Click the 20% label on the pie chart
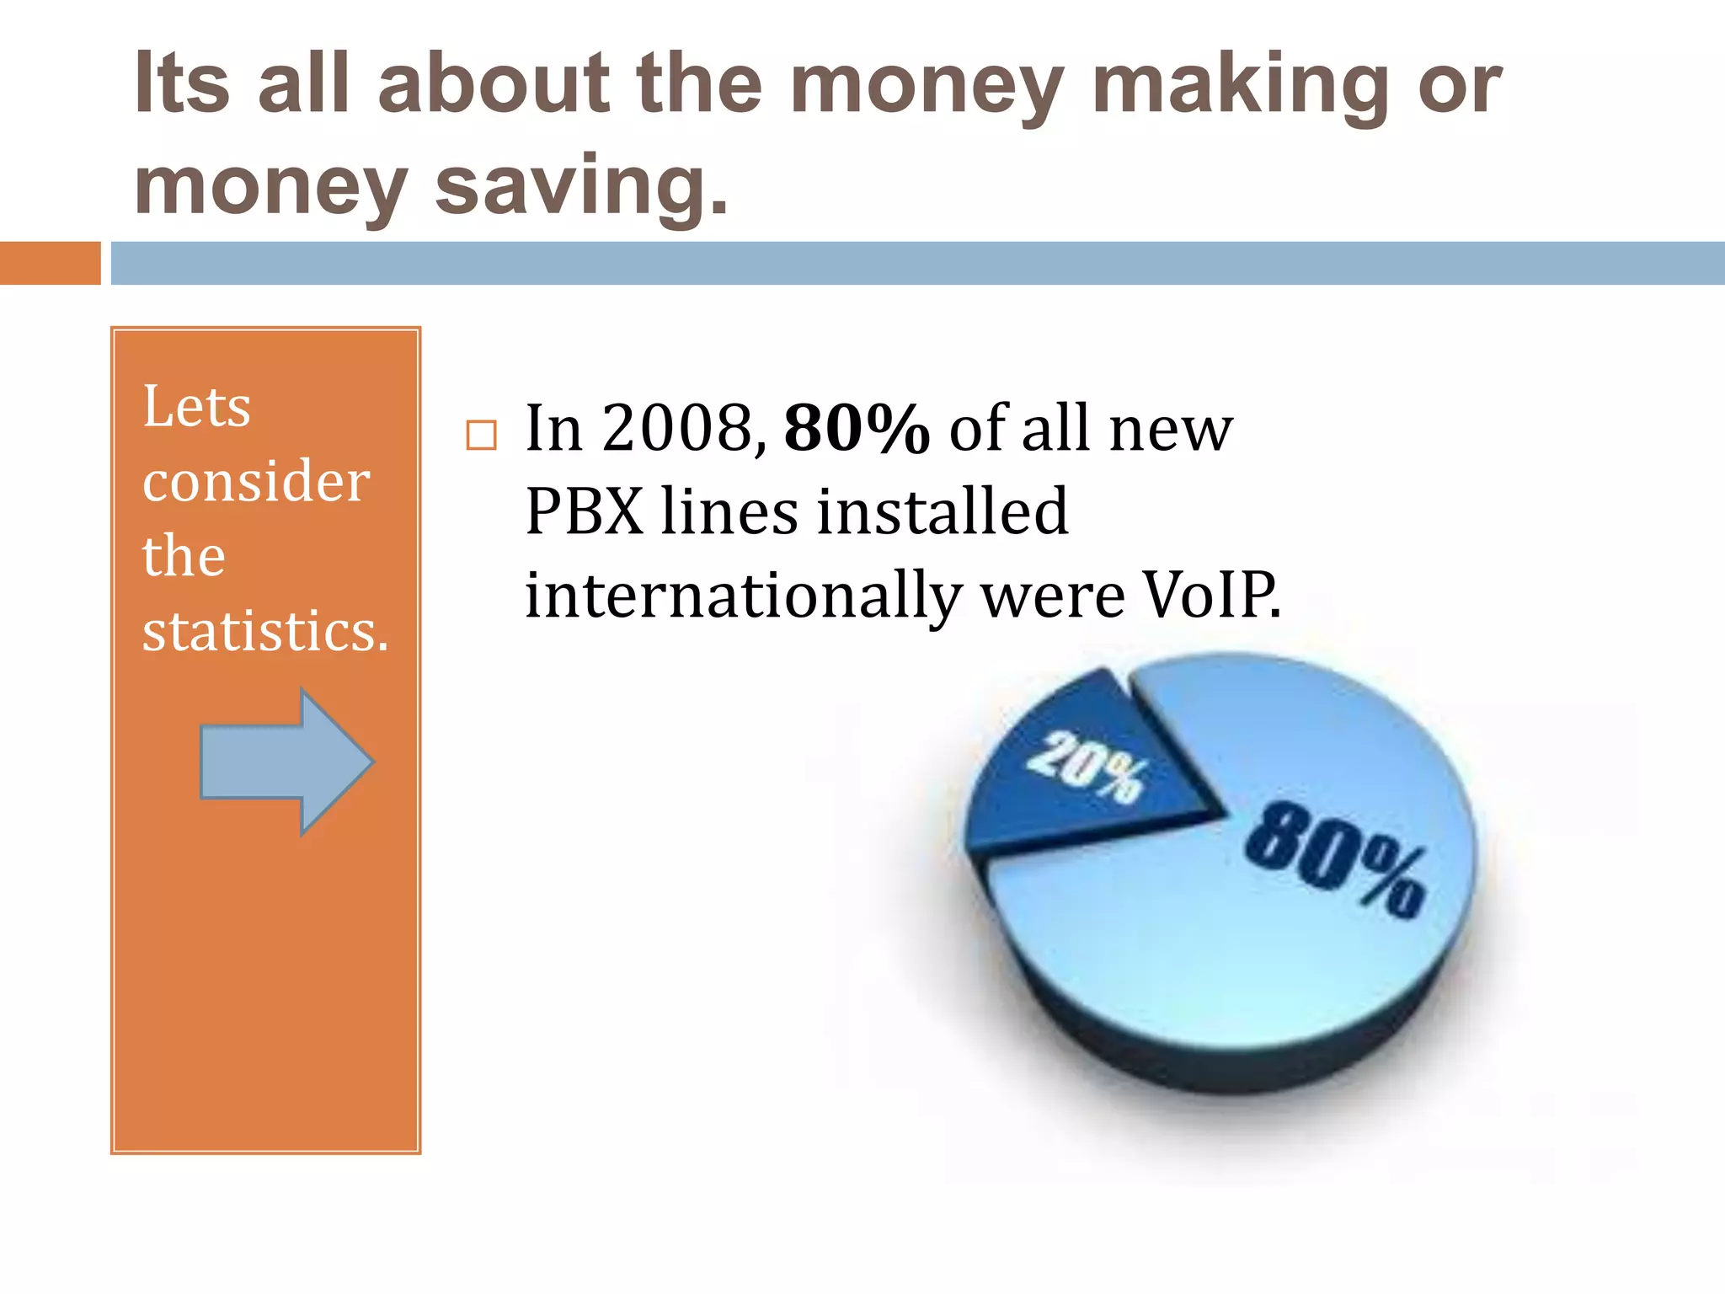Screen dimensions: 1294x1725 point(1087,767)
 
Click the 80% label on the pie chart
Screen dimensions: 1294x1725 point(1335,859)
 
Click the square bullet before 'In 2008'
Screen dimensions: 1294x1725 point(481,436)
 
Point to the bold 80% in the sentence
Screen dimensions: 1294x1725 point(856,429)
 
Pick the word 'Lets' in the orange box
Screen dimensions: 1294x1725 point(196,407)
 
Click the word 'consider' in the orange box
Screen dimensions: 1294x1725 point(256,482)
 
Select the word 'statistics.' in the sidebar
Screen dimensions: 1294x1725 point(265,631)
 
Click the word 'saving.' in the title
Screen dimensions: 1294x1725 point(581,187)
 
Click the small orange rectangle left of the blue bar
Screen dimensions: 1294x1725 point(50,263)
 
